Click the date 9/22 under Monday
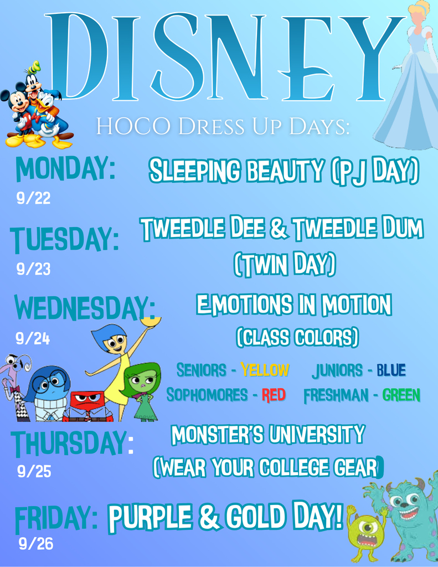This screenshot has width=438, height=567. tap(33, 198)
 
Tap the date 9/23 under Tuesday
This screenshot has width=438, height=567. tap(33, 269)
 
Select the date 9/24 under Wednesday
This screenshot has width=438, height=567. tap(33, 338)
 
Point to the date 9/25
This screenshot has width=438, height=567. tap(34, 471)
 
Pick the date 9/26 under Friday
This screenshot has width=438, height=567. tap(36, 544)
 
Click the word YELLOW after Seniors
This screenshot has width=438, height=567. tap(265, 370)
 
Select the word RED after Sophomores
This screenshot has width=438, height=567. tap(274, 395)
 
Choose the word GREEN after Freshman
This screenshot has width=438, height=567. tap(401, 395)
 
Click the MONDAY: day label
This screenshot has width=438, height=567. tap(65, 168)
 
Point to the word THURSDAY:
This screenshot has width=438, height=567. tap(73, 444)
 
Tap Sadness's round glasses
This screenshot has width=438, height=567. tap(51, 381)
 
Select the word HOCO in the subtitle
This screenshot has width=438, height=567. tap(133, 127)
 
